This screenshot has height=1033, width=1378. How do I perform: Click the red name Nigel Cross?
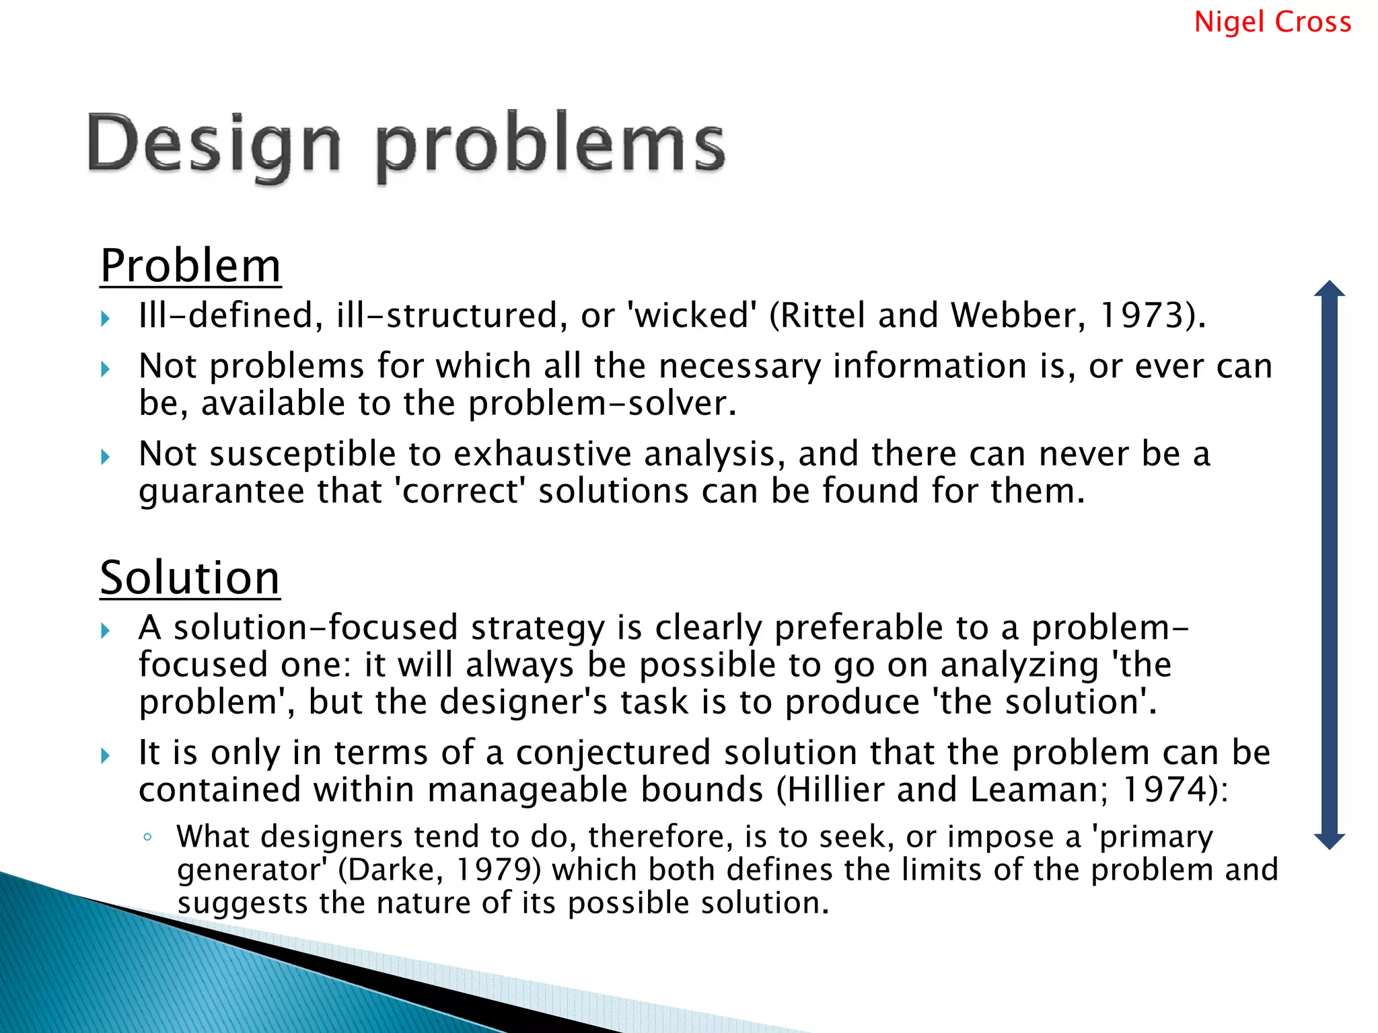pyautogui.click(x=1272, y=22)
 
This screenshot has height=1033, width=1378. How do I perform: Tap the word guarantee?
pyautogui.click(x=221, y=491)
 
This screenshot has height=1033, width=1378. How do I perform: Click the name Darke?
pyautogui.click(x=396, y=870)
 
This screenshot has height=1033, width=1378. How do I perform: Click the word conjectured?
pyautogui.click(x=613, y=753)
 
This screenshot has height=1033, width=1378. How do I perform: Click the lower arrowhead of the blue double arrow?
pyautogui.click(x=1330, y=841)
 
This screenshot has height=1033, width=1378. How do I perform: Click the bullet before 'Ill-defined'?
pyautogui.click(x=106, y=318)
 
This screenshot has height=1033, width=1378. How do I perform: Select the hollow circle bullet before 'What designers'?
pyautogui.click(x=147, y=837)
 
